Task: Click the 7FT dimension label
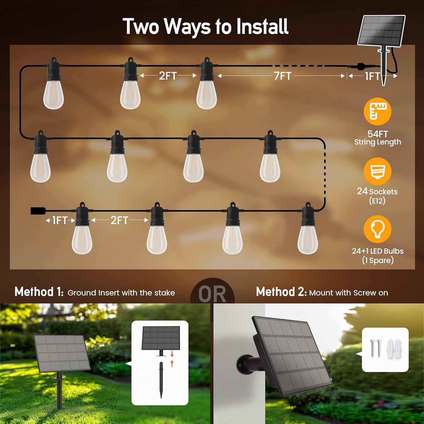(283, 76)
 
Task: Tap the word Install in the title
(262, 27)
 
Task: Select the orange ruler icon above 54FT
(377, 112)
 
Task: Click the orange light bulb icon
(377, 229)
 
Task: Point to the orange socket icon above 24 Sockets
(377, 171)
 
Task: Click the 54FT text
(378, 134)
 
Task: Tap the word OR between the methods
(212, 294)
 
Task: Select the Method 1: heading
(39, 292)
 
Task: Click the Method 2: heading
(281, 292)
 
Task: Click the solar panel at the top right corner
(381, 31)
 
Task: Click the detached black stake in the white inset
(161, 380)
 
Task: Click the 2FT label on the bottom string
(119, 220)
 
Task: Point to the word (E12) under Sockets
(377, 201)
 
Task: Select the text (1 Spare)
(378, 260)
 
